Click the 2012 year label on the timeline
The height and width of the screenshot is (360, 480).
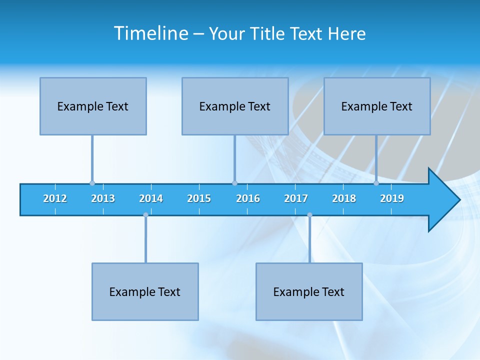point(55,198)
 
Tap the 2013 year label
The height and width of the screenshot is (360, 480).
point(103,198)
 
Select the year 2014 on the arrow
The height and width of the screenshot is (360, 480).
point(151,198)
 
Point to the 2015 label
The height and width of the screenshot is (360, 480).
point(199,198)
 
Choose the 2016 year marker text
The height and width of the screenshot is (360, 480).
point(248,198)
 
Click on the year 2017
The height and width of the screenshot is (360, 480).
point(296,198)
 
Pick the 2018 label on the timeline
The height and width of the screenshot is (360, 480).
point(344,198)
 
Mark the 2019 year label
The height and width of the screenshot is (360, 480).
point(392,198)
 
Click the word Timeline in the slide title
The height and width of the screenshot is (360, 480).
point(150,33)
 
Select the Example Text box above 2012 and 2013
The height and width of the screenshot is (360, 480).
point(93,106)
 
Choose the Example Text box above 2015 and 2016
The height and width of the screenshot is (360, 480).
point(235,106)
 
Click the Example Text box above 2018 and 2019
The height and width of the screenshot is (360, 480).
point(377,106)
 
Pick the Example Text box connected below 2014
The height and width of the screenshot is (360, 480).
point(145,291)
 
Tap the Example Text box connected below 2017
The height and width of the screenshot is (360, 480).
point(309,291)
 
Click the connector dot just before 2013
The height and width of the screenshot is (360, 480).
point(92,183)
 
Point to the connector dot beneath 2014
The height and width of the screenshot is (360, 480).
point(145,215)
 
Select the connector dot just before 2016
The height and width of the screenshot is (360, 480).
point(234,183)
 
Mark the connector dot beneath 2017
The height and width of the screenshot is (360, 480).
point(309,215)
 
